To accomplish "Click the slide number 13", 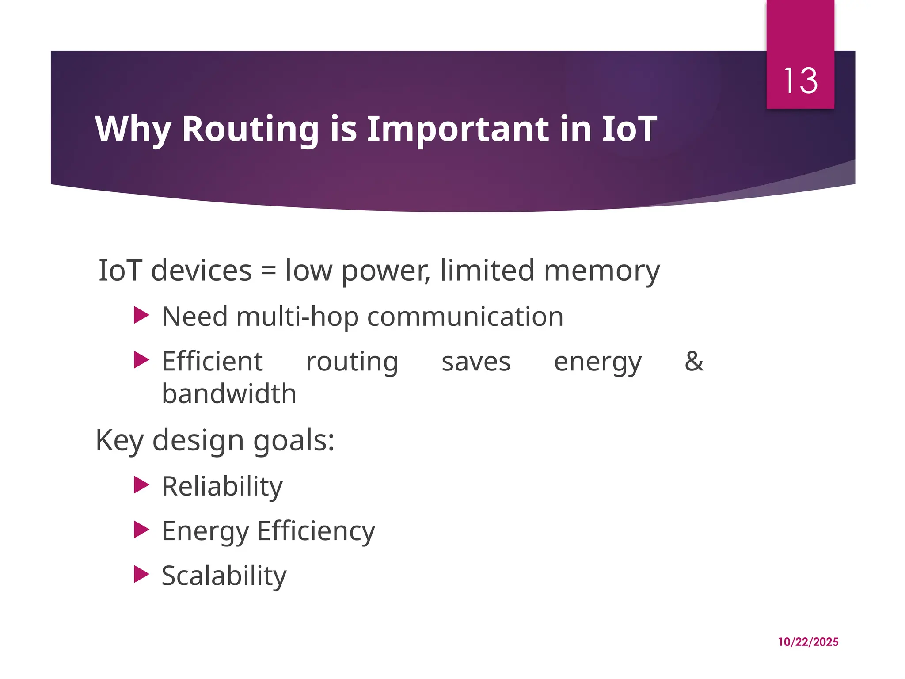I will [x=800, y=81].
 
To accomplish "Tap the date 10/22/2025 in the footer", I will [x=808, y=642].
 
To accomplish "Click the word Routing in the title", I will [x=250, y=129].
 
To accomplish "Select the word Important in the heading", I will [x=458, y=129].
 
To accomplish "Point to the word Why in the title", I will [x=133, y=129].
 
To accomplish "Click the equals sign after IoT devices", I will [x=269, y=271].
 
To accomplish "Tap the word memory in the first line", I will [x=602, y=271].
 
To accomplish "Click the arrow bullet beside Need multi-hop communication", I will [x=141, y=316].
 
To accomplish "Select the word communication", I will [x=465, y=317].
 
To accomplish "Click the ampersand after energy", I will [x=694, y=361].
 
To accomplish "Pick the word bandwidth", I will [x=229, y=393].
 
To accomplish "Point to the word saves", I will [x=476, y=362].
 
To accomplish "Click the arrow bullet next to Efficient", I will [x=141, y=360].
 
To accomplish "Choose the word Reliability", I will [x=222, y=486].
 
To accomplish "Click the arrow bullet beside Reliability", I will [x=141, y=485].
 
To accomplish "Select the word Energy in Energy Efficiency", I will [x=205, y=531].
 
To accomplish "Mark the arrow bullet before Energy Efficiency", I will [x=141, y=530].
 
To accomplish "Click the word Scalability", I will [x=224, y=576].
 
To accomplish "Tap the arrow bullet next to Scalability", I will [x=141, y=574].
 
